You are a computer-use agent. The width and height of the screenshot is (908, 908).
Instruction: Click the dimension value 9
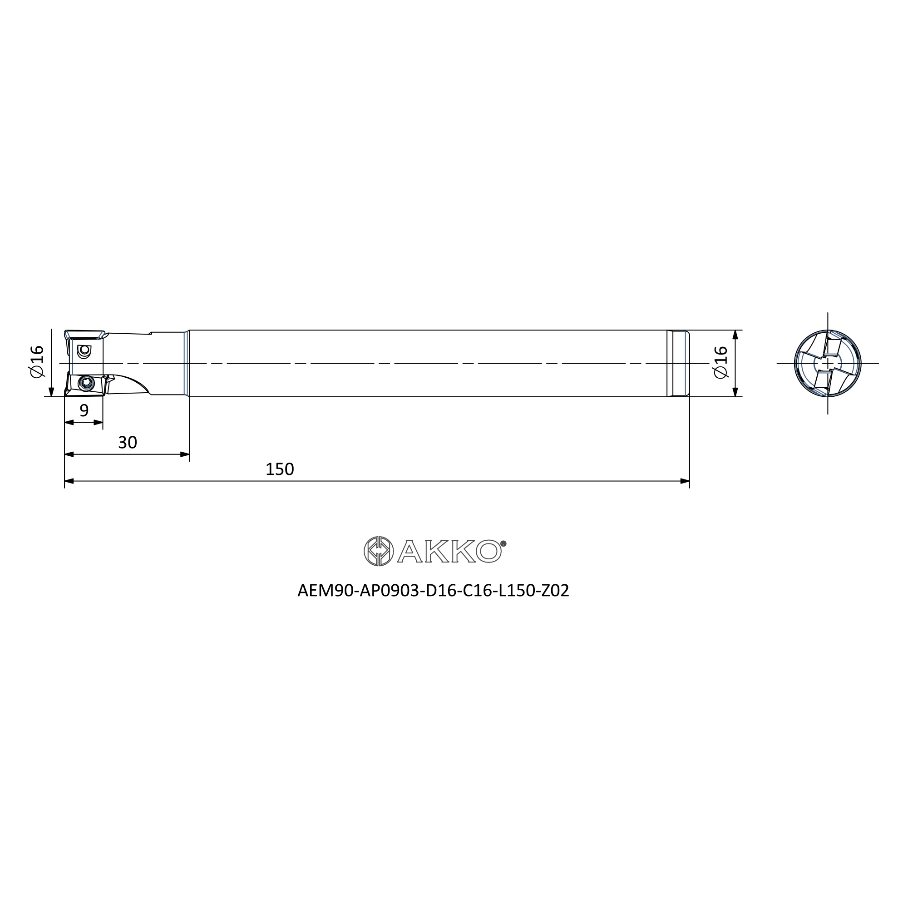coord(84,410)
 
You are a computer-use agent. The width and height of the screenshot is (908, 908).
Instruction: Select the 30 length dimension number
coord(128,442)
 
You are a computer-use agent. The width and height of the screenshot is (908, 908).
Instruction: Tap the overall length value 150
coord(280,469)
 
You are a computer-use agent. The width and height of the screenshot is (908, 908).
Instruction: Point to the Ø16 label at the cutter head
coord(37,360)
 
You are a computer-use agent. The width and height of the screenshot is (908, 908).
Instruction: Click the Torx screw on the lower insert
coord(87,384)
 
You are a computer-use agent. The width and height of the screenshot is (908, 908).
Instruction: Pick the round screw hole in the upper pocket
coord(84,350)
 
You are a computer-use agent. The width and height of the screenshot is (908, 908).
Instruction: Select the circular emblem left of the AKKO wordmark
coord(378,551)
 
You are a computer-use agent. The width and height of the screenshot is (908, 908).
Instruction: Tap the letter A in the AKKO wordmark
coord(410,551)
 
